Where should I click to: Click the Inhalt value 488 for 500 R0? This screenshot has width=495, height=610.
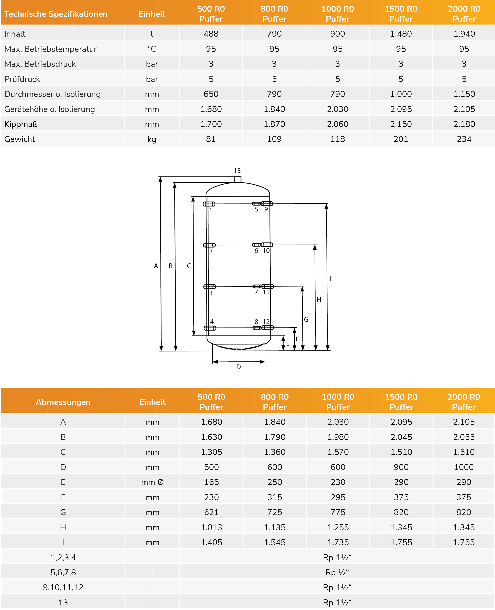(211, 34)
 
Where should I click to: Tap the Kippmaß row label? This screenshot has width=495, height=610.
(21, 124)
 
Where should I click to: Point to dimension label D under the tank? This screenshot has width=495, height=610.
(238, 367)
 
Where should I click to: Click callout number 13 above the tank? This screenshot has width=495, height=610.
(237, 171)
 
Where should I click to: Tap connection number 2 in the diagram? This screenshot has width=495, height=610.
(211, 252)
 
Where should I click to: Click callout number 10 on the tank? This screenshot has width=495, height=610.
(266, 251)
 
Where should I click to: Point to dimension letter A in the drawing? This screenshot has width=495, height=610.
(156, 266)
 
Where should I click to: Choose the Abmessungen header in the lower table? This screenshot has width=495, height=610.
(63, 402)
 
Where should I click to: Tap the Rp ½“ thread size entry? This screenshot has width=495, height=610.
(337, 572)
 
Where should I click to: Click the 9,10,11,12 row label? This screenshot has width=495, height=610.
(63, 587)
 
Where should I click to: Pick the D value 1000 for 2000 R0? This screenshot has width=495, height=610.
(464, 467)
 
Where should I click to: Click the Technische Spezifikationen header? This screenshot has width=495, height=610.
(56, 14)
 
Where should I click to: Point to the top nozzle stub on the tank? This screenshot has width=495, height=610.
(238, 179)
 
